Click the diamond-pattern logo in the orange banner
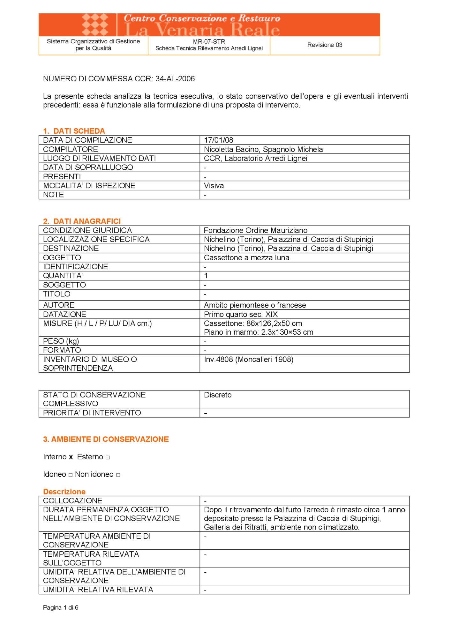pos(95,25)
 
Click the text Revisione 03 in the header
pos(325,45)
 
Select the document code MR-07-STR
pos(209,41)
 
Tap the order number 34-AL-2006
pos(175,79)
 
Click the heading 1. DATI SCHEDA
pos(74,131)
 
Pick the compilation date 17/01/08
pos(219,140)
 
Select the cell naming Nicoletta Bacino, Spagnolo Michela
pos(263,149)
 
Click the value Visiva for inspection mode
pos(214,186)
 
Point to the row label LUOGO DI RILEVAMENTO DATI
pos(99,158)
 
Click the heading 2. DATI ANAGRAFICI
pos(82,221)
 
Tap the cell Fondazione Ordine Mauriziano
pos(255,230)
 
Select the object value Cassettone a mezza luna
pos(246,258)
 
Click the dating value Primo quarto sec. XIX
pos(241,314)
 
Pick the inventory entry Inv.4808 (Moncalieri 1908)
pos(249,360)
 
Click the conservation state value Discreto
pos(218,395)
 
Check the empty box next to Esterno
pos(108,457)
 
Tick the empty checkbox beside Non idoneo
pos(118,475)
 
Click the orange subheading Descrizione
pos(64,492)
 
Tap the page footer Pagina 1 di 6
pos(61,607)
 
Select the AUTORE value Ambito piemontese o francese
pos(255,305)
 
